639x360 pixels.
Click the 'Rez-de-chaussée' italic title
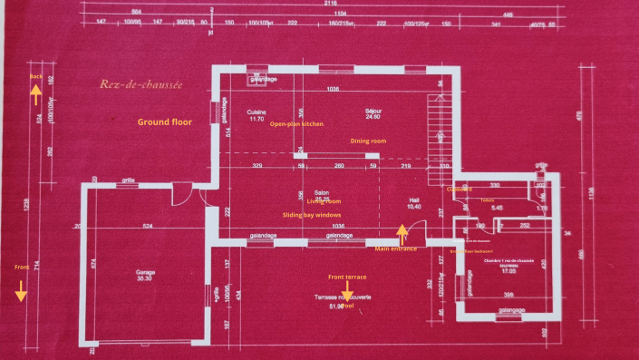[x=141, y=85]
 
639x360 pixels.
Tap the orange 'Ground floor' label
[x=165, y=122]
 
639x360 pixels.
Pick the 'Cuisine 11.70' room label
[x=256, y=115]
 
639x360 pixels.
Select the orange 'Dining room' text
[x=368, y=141]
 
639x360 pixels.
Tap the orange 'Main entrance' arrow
[x=402, y=233]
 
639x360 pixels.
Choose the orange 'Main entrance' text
[x=396, y=248]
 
